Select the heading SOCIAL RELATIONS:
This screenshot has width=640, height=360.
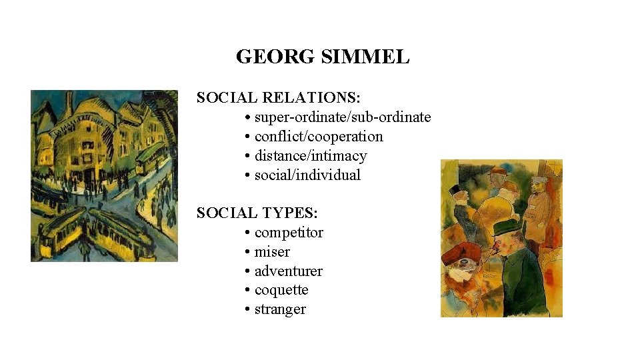279,98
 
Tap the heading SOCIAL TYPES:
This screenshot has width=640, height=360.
257,213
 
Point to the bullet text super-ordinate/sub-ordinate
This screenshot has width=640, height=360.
343,117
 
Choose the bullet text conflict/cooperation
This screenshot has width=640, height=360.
319,137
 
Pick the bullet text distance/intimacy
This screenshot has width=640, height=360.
311,156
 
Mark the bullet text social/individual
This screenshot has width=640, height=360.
307,175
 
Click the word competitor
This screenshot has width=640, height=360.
289,233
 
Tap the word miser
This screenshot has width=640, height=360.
272,252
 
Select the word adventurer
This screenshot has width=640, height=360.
288,271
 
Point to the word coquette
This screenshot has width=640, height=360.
281,291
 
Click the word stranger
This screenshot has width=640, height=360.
280,310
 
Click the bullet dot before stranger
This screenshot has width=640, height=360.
247,310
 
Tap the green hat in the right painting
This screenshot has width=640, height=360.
505,228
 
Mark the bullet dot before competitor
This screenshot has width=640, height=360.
247,233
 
